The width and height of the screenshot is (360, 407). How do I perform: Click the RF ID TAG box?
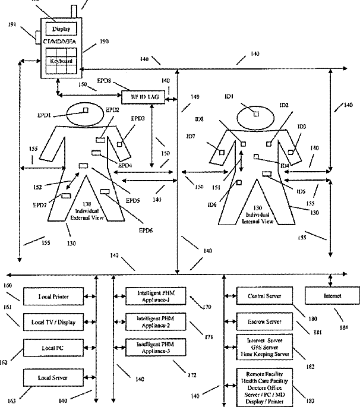click(x=143, y=96)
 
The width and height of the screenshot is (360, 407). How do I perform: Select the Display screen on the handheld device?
click(x=61, y=29)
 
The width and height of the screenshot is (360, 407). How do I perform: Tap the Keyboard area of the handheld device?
click(x=61, y=61)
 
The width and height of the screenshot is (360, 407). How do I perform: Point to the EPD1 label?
click(x=45, y=115)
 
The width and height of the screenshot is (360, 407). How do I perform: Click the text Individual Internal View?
click(x=259, y=217)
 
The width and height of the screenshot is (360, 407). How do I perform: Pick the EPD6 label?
click(x=145, y=230)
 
